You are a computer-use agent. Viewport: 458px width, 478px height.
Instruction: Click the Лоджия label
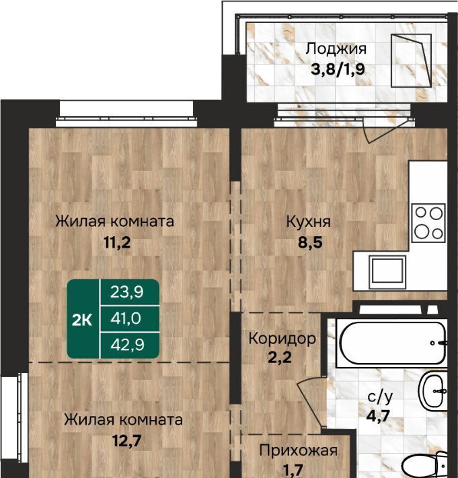pos(336,49)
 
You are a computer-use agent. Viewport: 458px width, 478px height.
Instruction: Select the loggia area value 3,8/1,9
pos(338,69)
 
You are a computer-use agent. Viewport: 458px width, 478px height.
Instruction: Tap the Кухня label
pos(308,222)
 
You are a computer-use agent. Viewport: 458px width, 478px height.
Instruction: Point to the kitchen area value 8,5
pos(310,242)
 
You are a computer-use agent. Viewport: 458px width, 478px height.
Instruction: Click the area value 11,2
pos(117,242)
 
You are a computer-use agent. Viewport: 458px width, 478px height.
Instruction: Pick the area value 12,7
pos(126,440)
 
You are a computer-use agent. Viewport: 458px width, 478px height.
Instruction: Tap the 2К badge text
pos(82,320)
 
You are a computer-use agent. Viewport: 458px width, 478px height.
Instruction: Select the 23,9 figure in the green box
pos(126,292)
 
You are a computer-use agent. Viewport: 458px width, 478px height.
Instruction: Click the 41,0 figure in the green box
pos(126,318)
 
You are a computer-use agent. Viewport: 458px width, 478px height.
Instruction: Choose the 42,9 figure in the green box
pos(127,345)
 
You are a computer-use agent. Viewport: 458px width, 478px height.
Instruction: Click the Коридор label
pos(282,339)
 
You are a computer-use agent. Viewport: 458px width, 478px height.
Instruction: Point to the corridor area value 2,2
pos(279,357)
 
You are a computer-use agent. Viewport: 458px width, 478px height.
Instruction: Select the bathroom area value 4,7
pos(379,415)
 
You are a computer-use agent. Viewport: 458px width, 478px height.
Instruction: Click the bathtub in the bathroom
pos(392,343)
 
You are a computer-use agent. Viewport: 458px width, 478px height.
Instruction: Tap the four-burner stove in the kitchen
pos(428,224)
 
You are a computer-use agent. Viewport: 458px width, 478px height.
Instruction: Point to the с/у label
pos(380,397)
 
